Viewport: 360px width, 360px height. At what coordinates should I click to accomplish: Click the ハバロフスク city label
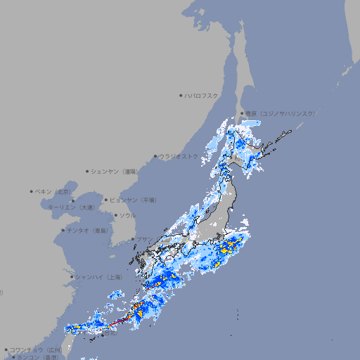202,95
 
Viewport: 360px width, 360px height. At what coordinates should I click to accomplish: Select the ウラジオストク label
179,156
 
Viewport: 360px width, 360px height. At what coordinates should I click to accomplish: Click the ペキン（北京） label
54,191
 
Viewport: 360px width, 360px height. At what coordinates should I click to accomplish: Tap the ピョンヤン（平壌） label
134,200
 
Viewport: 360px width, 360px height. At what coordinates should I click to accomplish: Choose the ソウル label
127,215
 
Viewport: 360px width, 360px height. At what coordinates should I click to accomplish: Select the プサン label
144,239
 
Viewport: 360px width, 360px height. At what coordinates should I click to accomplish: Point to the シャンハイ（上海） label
99,277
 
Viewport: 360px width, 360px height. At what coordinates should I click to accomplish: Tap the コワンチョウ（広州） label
36,349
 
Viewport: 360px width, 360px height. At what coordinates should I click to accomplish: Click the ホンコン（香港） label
37,357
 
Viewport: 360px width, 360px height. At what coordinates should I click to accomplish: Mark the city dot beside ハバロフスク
181,95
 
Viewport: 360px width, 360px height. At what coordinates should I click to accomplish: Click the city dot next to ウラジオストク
155,156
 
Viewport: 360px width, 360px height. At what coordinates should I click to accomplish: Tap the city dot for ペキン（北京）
32,191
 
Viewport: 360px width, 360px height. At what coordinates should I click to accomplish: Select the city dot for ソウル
115,215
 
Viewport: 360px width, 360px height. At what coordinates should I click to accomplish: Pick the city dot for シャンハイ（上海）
72,277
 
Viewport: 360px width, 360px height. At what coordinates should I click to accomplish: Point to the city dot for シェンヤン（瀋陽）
88,171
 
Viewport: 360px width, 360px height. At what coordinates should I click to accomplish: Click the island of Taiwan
67,342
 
